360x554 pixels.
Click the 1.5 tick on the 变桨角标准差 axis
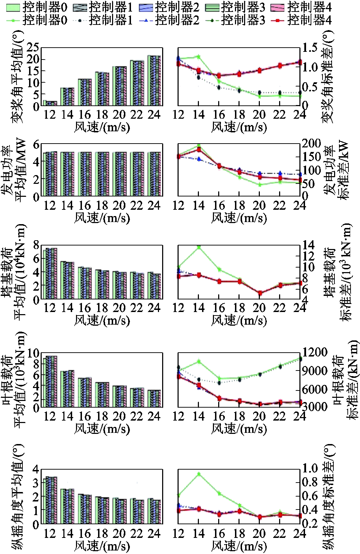(x=310, y=47)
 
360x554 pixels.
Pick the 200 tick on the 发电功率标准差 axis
(x=312, y=143)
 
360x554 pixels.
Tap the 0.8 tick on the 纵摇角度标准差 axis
(x=310, y=482)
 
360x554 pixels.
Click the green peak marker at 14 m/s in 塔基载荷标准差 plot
(x=199, y=247)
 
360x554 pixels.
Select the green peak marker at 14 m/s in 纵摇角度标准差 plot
(x=199, y=474)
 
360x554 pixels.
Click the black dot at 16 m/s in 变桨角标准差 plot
(x=219, y=87)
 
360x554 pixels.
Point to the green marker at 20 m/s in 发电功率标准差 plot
(x=259, y=185)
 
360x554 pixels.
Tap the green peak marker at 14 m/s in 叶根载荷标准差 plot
(x=199, y=361)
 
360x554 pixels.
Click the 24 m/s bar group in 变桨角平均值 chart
(x=154, y=81)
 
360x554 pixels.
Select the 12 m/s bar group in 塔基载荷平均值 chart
(x=50, y=273)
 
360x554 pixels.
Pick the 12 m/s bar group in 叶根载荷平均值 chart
(x=50, y=381)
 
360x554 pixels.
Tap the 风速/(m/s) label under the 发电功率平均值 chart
(x=102, y=218)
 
